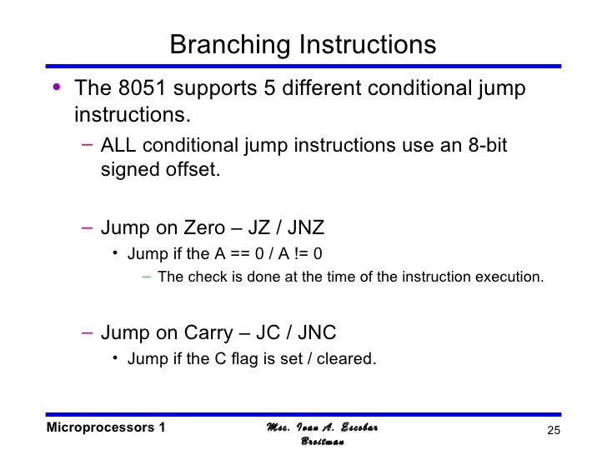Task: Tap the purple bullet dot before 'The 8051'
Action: pos(55,88)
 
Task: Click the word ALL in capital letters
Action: pos(118,146)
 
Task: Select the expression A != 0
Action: pos(296,253)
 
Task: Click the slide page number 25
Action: pos(551,429)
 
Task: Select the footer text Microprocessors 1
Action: pos(106,427)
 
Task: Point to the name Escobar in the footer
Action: pos(358,427)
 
